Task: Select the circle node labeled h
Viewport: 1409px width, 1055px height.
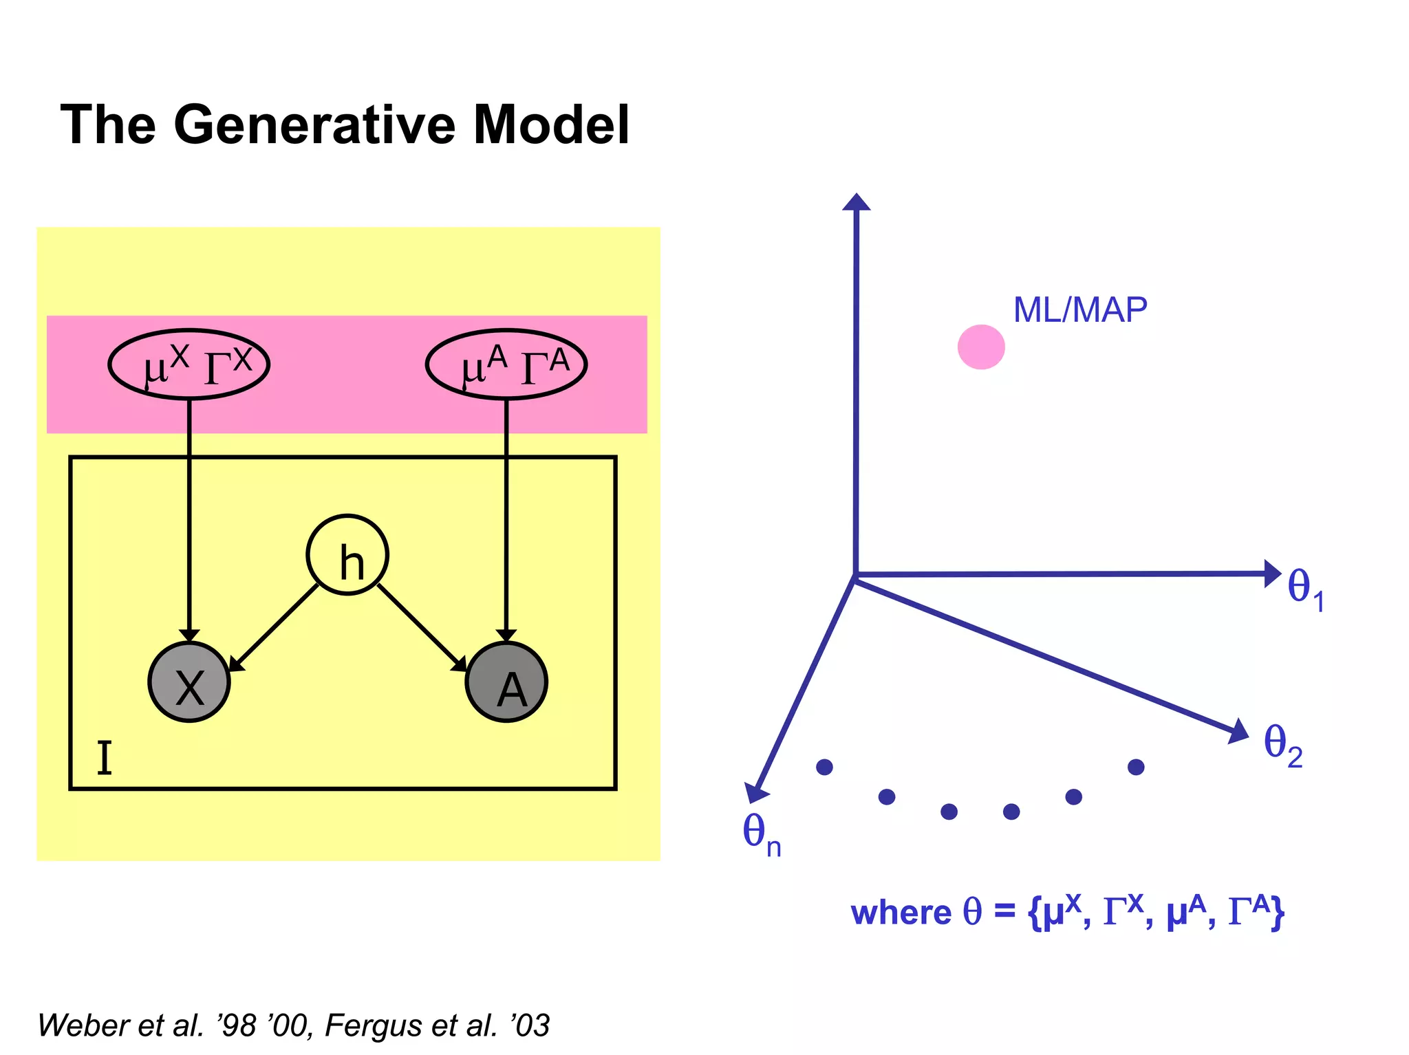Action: [347, 555]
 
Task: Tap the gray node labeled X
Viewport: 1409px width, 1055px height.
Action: [189, 682]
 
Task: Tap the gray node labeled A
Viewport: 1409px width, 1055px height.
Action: [506, 682]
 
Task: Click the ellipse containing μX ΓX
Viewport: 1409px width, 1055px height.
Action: [189, 365]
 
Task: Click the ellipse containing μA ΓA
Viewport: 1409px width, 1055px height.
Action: [506, 365]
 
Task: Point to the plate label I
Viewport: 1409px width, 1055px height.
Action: [104, 759]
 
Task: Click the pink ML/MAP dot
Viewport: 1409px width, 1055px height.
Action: [981, 347]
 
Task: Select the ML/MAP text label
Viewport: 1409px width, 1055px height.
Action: [1080, 310]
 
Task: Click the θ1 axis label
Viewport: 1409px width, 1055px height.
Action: [1305, 589]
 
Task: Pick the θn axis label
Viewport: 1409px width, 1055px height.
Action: [761, 835]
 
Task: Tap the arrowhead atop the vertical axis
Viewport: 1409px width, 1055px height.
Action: [857, 201]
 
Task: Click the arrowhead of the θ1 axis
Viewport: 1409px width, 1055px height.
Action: [1273, 573]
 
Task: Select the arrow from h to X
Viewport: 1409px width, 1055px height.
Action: [274, 627]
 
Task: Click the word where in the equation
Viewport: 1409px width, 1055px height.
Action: [901, 913]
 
